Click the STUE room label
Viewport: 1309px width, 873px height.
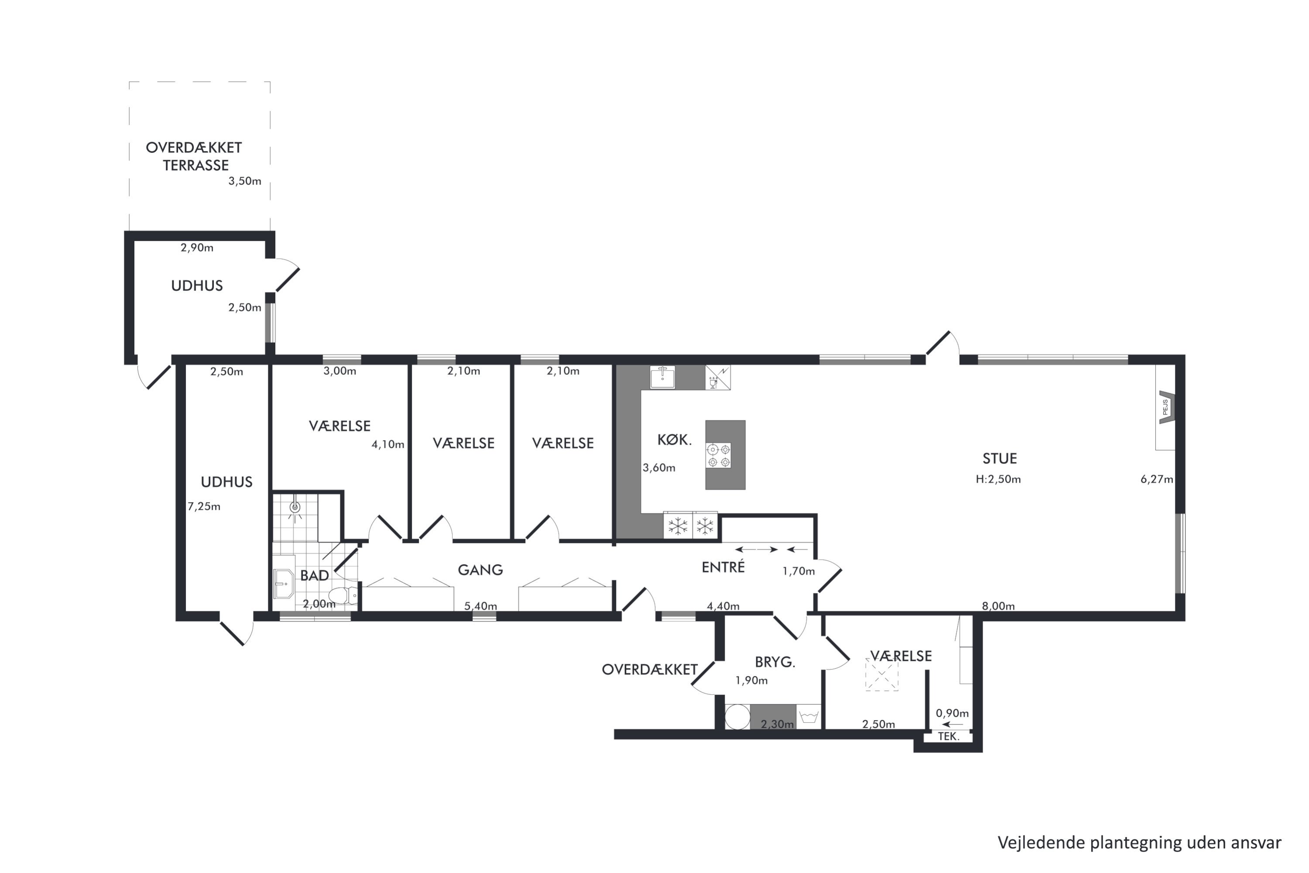click(1000, 458)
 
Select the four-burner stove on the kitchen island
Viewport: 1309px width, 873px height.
click(719, 455)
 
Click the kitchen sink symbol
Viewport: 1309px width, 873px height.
click(662, 377)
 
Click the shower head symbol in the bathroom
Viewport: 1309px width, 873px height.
click(295, 507)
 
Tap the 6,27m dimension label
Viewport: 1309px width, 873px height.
click(1157, 479)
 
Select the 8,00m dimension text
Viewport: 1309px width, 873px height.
click(998, 606)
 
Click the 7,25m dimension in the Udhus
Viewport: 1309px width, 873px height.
click(204, 507)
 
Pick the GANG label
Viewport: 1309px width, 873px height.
click(480, 570)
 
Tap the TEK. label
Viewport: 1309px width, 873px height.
click(948, 737)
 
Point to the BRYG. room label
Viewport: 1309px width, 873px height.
click(775, 662)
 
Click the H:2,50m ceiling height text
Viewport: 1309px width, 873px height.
click(998, 479)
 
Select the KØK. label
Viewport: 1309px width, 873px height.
click(675, 440)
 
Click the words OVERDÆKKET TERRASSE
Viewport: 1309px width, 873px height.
click(194, 156)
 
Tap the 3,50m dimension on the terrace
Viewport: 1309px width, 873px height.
click(244, 181)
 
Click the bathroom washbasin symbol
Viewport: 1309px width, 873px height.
click(284, 583)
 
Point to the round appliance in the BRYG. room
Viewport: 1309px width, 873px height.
click(737, 717)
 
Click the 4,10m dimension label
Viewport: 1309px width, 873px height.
click(388, 444)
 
